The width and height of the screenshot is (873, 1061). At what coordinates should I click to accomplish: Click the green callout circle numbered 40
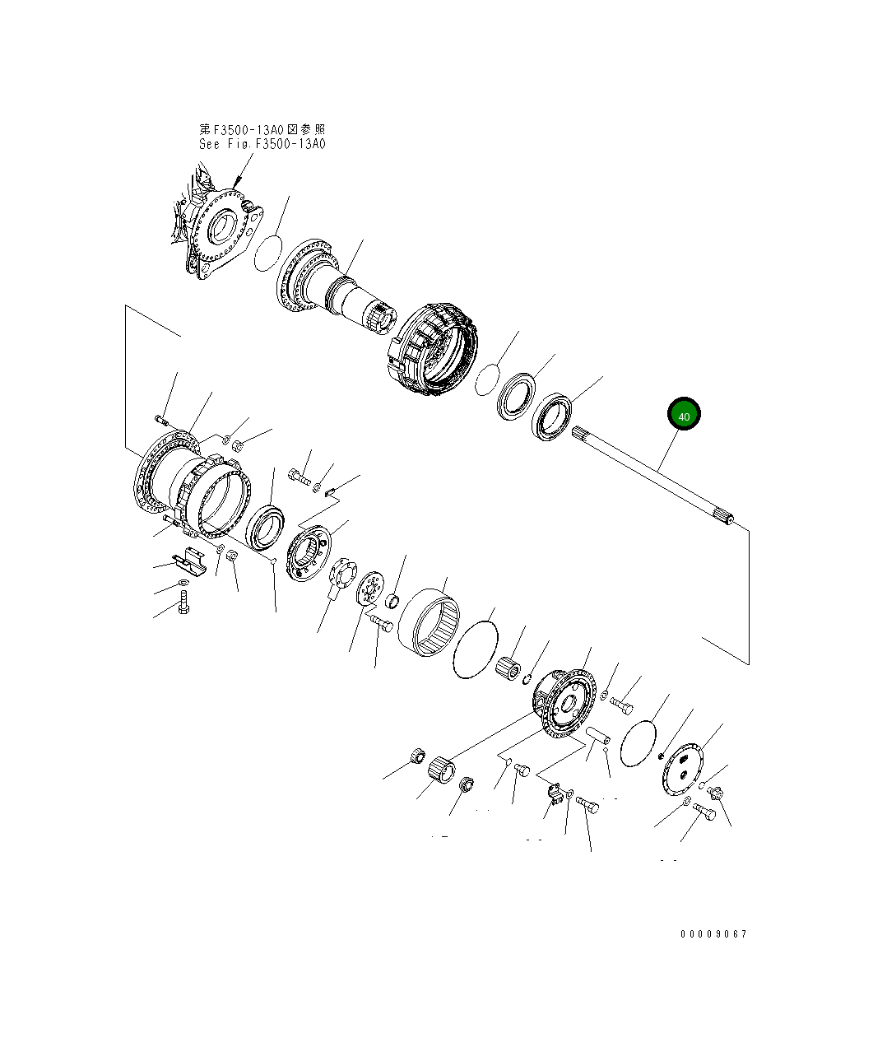[x=684, y=413]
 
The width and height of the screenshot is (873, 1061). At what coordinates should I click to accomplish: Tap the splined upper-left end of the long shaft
[x=580, y=432]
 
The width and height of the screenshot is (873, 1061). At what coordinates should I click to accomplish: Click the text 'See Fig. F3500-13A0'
[x=262, y=144]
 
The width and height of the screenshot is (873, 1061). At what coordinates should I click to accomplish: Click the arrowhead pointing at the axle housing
[x=238, y=183]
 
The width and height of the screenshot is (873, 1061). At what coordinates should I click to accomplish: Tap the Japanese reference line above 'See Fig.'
[x=262, y=129]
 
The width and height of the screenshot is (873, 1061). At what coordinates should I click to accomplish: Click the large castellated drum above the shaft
[x=433, y=348]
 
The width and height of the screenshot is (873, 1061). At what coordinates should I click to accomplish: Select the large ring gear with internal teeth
[x=429, y=623]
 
